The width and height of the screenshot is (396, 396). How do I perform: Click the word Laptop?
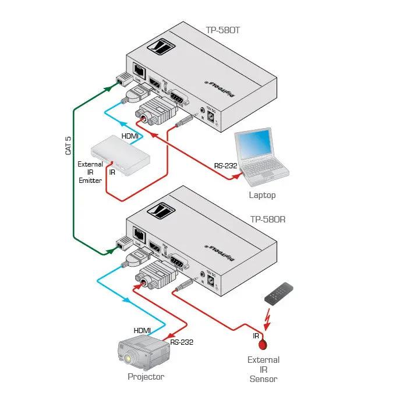pyautogui.click(x=262, y=195)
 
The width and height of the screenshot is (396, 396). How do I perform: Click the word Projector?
pyautogui.click(x=146, y=377)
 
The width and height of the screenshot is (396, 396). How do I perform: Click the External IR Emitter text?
pyautogui.click(x=90, y=172)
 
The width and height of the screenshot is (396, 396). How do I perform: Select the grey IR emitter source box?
pyautogui.click(x=124, y=151)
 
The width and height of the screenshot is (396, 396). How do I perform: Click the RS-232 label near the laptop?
pyautogui.click(x=225, y=165)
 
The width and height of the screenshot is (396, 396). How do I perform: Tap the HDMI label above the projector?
pyautogui.click(x=143, y=330)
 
